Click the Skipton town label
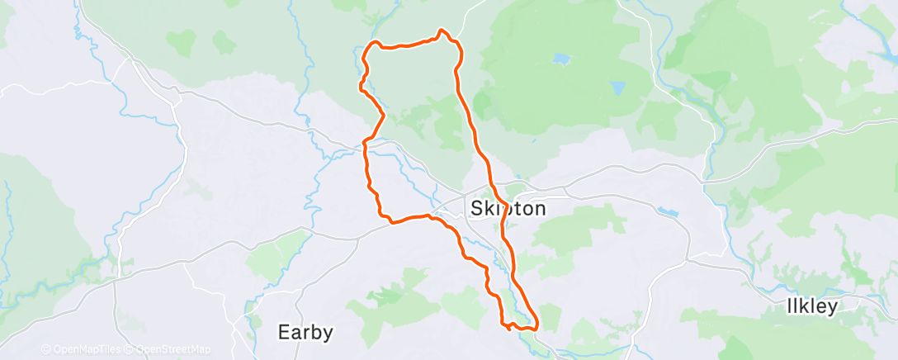pos(508,208)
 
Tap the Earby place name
pos(305,333)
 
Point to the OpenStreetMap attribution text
pos(173,349)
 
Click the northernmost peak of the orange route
pos(442,31)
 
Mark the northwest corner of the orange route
pos(373,43)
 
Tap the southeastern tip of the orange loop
pos(537,324)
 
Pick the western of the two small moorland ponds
pos(561,59)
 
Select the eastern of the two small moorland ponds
pos(618,86)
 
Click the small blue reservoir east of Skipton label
pos(669,212)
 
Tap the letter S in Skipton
pos(475,208)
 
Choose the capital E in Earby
pos(284,333)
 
